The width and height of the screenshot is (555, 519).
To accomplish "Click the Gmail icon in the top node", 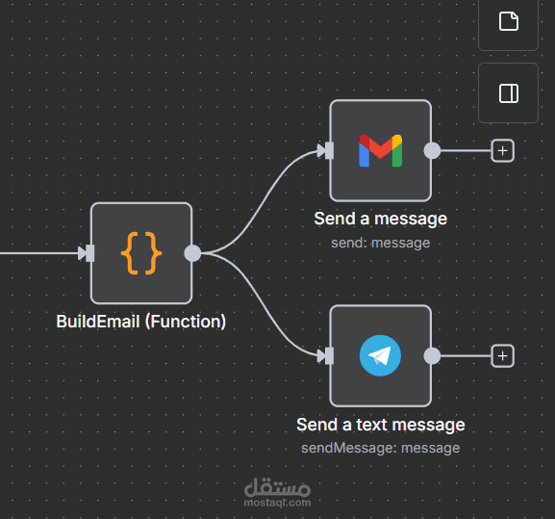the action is pos(381,150).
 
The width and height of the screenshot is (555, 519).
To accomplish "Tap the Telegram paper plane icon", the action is pos(381,355).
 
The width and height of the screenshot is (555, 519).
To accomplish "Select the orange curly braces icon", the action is pos(141,253).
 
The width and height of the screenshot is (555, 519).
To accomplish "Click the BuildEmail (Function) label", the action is pos(140,322).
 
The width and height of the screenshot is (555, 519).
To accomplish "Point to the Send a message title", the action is pos(381,219).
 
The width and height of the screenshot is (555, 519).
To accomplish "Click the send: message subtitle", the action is pos(381,243).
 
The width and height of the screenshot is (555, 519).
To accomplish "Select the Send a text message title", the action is pos(381,425).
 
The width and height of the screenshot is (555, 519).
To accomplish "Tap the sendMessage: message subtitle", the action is pos(381,448).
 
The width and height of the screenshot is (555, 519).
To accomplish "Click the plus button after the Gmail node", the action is pos(503,151).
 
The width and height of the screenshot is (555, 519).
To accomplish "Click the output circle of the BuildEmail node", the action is pos(192,253).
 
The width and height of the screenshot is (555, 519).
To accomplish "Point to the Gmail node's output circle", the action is pos(432,150).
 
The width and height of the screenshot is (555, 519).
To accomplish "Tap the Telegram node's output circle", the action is pos(432,355).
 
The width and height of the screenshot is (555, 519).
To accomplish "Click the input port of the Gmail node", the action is pos(326,150).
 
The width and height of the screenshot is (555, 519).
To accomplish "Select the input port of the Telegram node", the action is pos(326,356).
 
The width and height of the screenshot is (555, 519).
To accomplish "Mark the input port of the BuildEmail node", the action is pos(87,253).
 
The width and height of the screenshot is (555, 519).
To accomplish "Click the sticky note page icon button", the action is pos(508,21).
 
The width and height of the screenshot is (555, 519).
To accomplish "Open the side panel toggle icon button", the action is pos(508,93).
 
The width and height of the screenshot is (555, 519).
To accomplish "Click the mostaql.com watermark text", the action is pos(277,503).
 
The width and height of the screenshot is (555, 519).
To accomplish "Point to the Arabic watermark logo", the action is pos(277,487).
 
